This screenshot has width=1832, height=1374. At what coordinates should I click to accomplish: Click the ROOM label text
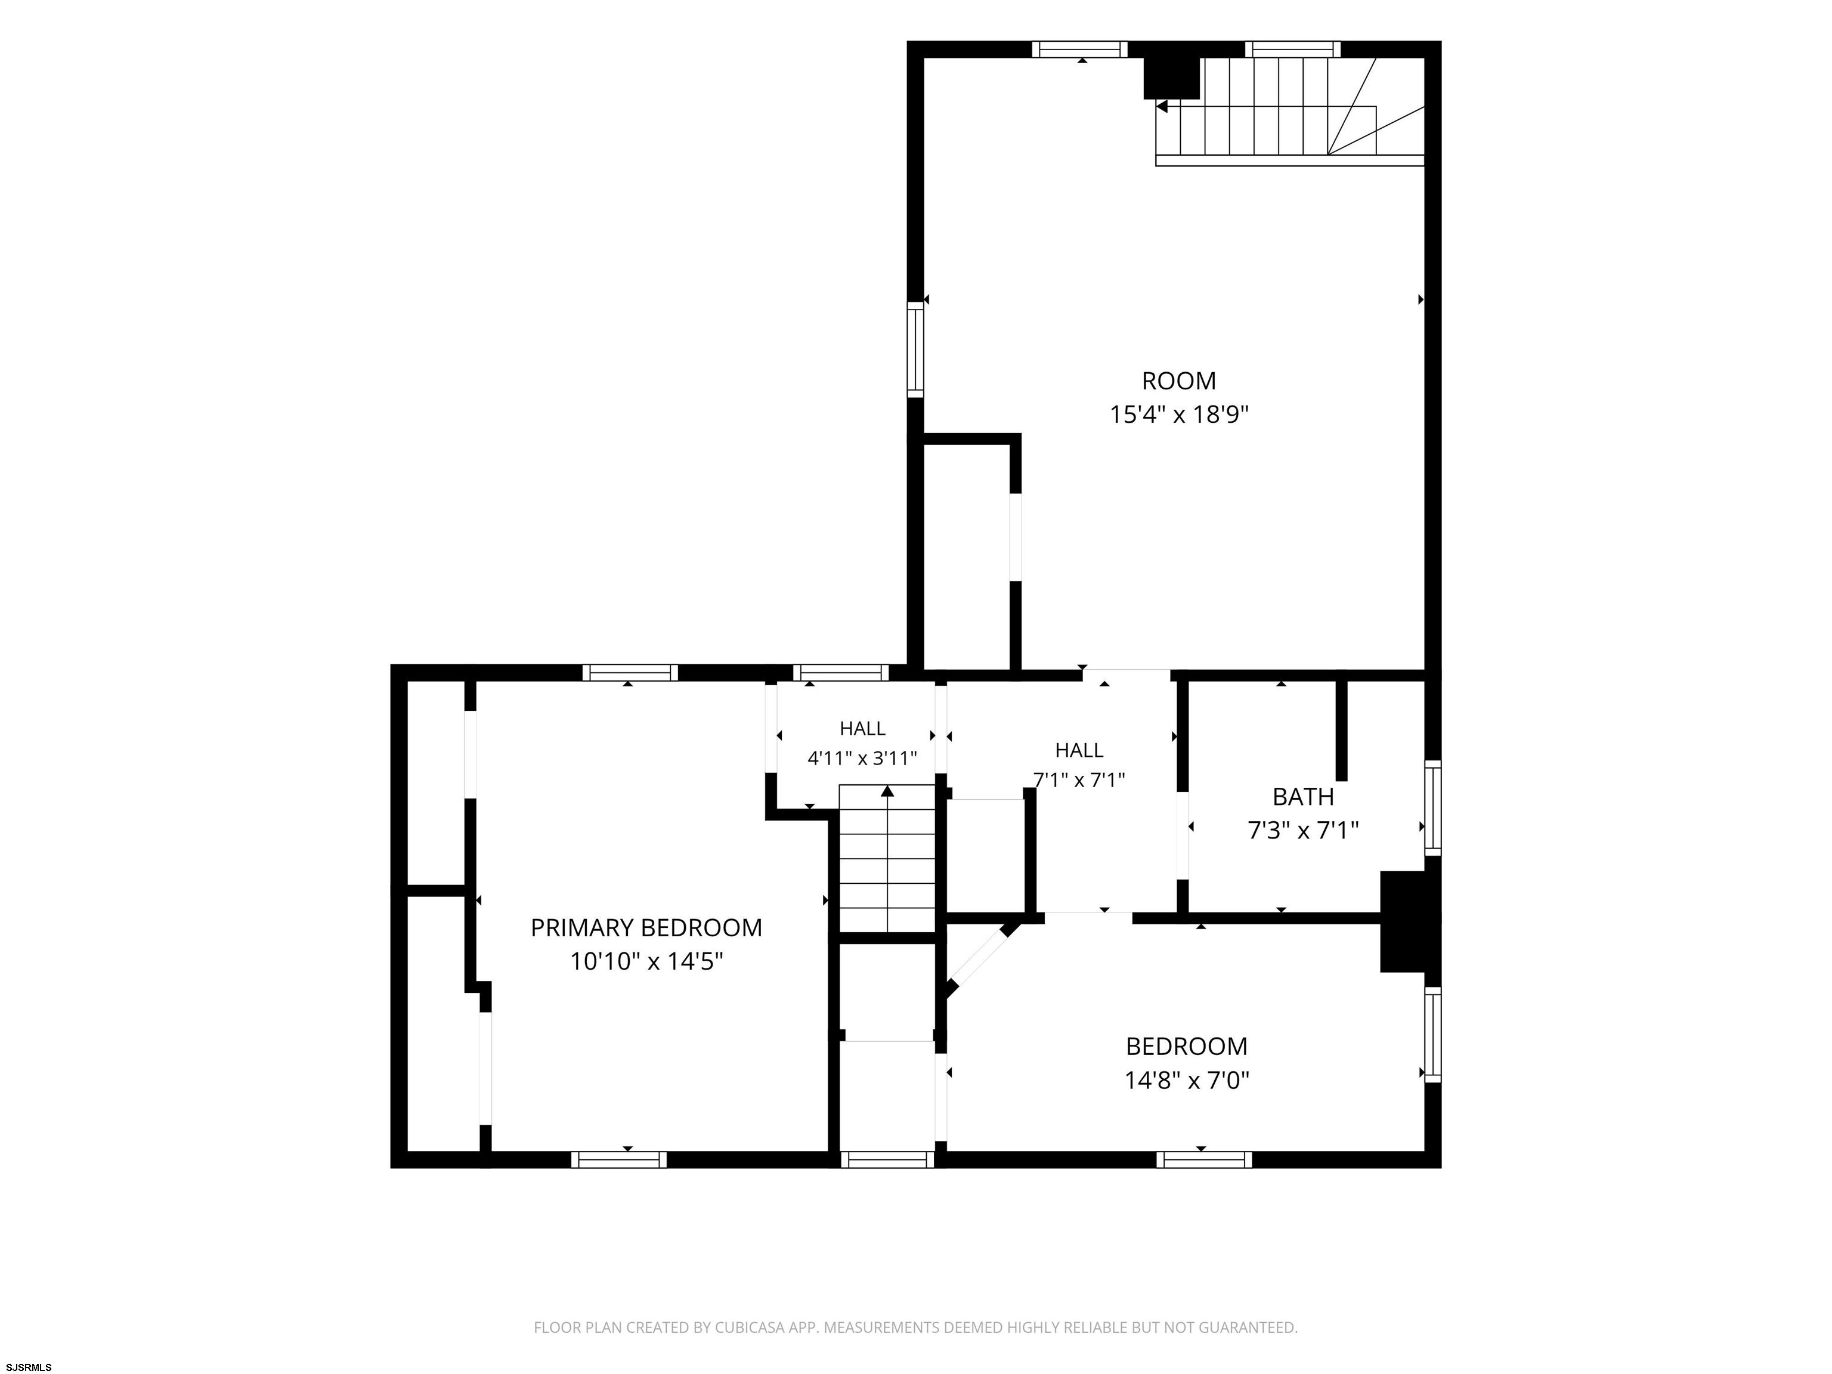tap(1178, 381)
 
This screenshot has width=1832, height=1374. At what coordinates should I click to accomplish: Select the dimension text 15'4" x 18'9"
tap(1178, 414)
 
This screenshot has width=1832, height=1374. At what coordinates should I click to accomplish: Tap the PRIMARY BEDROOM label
tap(646, 927)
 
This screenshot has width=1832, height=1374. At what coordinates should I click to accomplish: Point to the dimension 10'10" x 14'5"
tap(646, 961)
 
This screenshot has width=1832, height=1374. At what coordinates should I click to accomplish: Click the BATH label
tap(1303, 797)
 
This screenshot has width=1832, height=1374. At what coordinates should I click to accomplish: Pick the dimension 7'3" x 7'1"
tap(1303, 830)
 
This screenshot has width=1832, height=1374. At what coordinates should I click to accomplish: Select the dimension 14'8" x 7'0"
tap(1186, 1080)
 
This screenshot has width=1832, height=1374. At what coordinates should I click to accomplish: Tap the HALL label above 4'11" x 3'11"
tap(862, 729)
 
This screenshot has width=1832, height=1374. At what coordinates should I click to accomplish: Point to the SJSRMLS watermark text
tap(28, 1367)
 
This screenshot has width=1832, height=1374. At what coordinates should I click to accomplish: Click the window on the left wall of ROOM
tap(915, 349)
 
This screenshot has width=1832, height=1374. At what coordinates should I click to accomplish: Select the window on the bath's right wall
tap(1432, 807)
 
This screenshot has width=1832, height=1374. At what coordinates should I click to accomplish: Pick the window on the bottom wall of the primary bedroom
tap(618, 1159)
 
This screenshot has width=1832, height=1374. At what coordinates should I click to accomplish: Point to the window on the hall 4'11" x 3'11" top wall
tap(841, 673)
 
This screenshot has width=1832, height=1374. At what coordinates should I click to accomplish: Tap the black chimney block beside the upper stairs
tap(1171, 79)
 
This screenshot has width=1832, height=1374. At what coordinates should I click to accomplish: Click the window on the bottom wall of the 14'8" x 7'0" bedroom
tap(1204, 1159)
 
